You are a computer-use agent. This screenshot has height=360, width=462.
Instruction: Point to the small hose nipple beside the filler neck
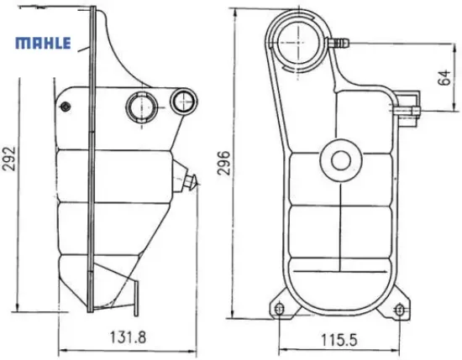pyautogui.click(x=341, y=41)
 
